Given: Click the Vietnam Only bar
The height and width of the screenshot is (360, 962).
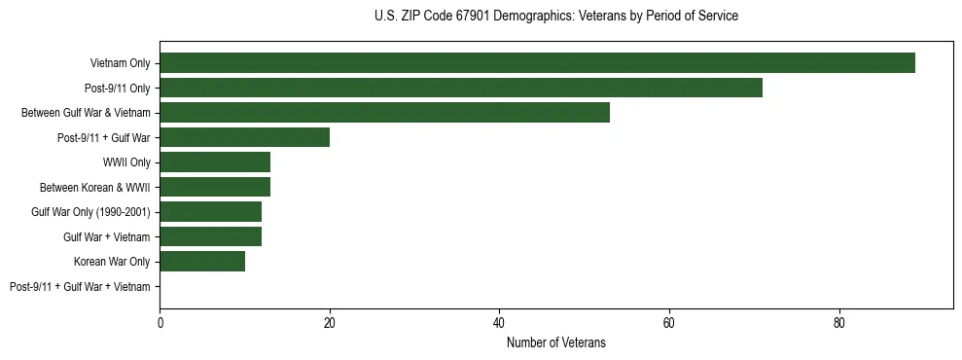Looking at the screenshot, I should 537,63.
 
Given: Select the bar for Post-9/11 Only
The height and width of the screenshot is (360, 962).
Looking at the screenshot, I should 461,88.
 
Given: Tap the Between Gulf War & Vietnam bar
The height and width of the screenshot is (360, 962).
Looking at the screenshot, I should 384,113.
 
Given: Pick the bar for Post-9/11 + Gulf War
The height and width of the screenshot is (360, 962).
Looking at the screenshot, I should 245,137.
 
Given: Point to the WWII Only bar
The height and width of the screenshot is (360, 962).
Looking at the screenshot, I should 215,162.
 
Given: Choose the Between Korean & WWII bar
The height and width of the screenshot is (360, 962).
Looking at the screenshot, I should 215,187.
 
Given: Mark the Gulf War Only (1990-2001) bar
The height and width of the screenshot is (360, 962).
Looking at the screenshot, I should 210,211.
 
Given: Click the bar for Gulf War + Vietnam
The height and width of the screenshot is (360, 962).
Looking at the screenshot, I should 210,236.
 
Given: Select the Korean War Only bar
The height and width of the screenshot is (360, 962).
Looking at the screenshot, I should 202,261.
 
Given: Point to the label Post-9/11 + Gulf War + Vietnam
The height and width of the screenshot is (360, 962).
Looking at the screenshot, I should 80,286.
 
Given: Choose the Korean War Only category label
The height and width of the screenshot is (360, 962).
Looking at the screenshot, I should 112,261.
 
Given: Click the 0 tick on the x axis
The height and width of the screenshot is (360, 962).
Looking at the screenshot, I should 160,323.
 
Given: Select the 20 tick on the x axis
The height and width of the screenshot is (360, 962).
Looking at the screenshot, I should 330,323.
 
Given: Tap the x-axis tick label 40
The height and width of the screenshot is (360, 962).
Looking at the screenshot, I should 499,323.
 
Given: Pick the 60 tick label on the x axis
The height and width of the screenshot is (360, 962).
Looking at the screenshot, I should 669,323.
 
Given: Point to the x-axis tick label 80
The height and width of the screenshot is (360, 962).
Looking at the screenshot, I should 838,323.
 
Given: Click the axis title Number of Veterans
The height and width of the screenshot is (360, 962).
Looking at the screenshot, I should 556,342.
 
